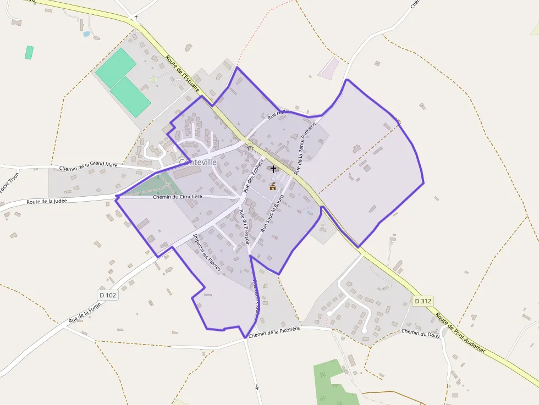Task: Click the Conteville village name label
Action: point(198,163)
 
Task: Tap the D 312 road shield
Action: point(424,301)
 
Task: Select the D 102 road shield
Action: point(108,295)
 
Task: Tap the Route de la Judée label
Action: point(47,202)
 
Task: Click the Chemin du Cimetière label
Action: point(178,196)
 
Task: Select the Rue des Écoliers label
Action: point(254,175)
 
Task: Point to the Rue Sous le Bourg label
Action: point(272,213)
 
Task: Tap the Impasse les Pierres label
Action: point(207,253)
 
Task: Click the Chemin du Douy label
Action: point(421,333)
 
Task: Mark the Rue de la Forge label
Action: point(85,313)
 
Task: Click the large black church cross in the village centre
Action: point(273,169)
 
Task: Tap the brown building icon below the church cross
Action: point(272,187)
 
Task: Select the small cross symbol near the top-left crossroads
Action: point(135,17)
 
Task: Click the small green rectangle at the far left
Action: point(29,52)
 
